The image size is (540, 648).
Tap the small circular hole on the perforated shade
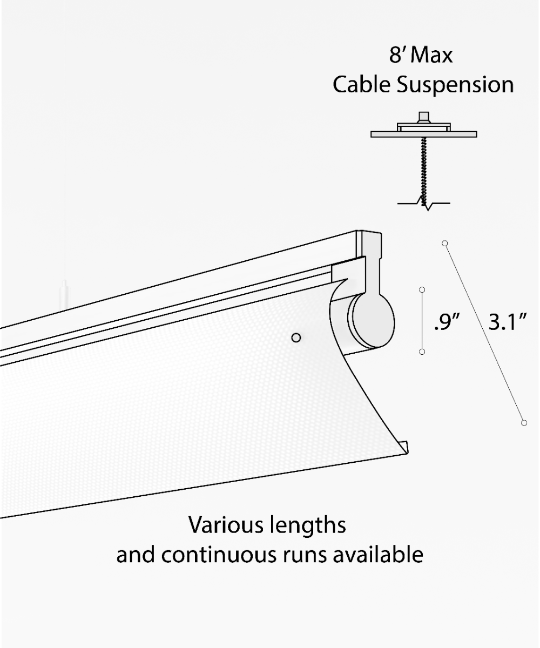pos(295,337)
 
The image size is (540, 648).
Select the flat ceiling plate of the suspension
pos(424,134)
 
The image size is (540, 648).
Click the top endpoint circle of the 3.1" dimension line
pos(445,243)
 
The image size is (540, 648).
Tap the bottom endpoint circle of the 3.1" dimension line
pos(524,422)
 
